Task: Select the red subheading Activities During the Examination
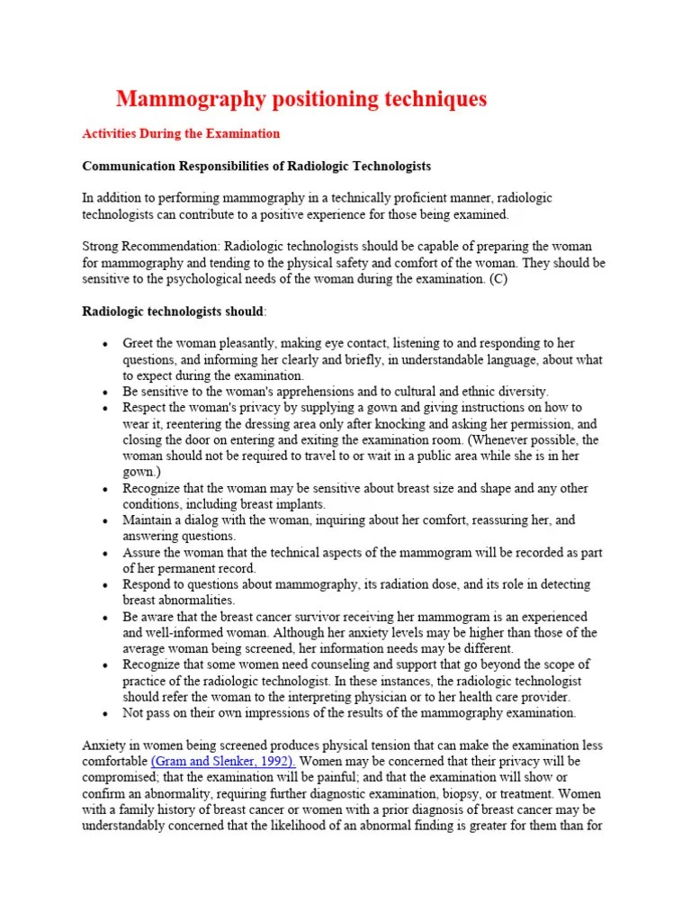click(x=181, y=133)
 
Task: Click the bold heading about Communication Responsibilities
click(x=244, y=166)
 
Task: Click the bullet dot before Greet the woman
click(x=106, y=344)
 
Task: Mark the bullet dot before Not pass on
click(x=106, y=713)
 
